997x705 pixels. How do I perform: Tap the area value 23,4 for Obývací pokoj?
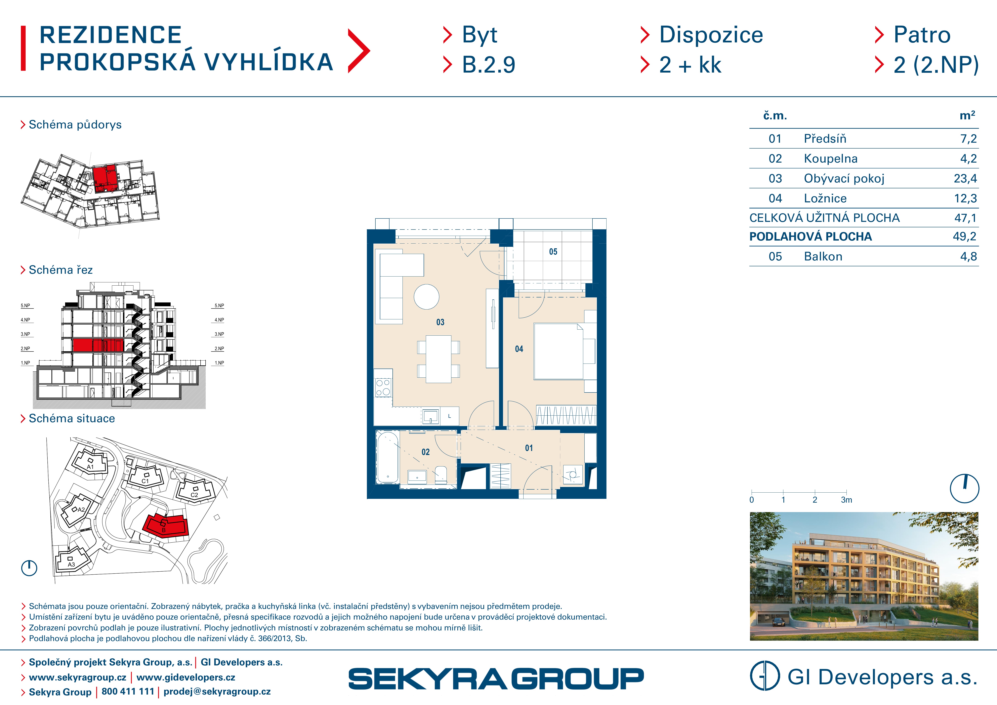pos(965,178)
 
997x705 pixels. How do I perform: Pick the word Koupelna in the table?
pos(831,158)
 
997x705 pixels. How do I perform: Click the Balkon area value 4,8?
pos(968,257)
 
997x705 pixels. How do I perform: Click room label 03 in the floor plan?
pos(440,322)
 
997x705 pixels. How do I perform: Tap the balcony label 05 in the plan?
pos(553,252)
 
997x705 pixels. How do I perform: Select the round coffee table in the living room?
pos(426,297)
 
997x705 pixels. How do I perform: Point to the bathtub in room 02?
pos(387,457)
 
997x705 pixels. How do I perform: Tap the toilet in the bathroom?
pos(441,475)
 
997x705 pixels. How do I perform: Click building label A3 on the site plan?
pos(71,564)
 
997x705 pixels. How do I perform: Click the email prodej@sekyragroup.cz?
pos(217,692)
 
